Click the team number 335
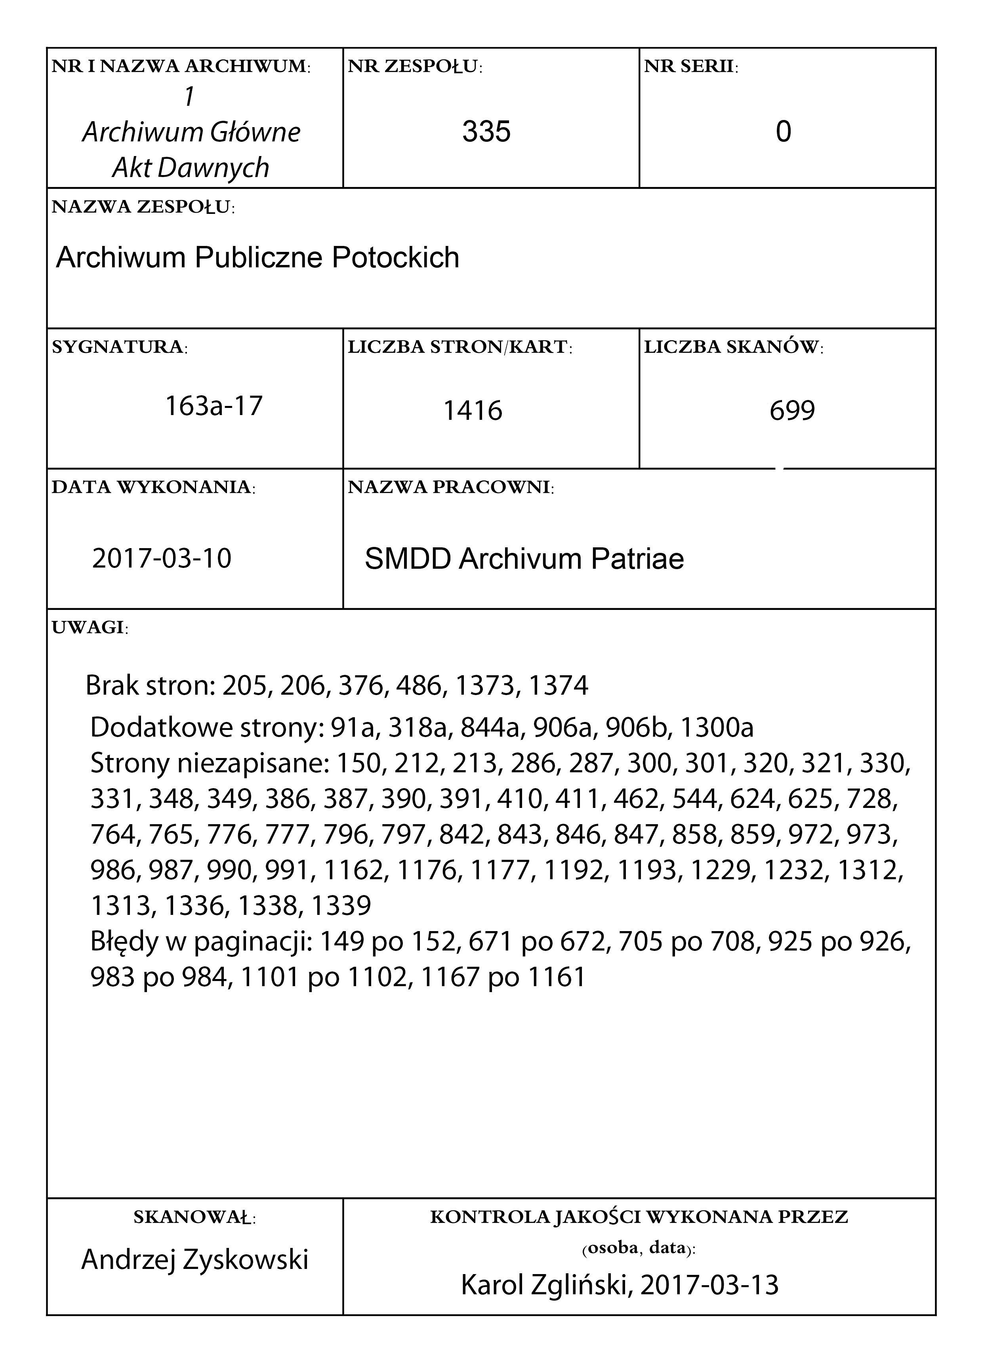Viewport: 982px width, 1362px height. [486, 131]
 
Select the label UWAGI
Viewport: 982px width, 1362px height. [90, 628]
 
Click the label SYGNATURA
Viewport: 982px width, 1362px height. [119, 347]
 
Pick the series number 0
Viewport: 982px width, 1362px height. [783, 131]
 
